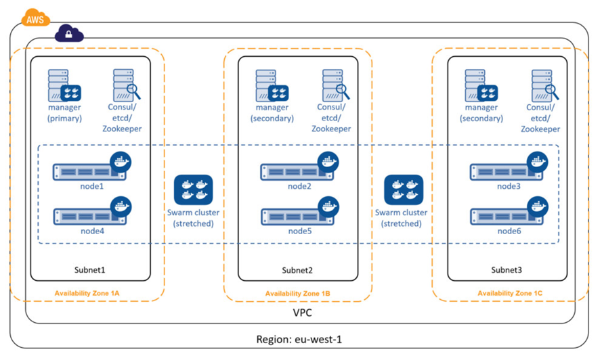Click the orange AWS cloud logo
click(35, 18)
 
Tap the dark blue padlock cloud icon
click(69, 34)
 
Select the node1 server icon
click(92, 166)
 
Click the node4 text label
click(92, 231)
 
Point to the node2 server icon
click(300, 166)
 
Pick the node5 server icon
click(300, 211)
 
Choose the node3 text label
click(509, 187)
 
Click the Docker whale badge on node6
click(538, 207)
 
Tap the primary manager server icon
click(64, 85)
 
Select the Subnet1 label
click(90, 270)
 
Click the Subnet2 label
click(297, 270)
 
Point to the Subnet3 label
click(507, 270)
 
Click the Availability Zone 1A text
click(87, 294)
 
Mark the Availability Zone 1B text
click(297, 294)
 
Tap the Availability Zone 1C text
click(510, 294)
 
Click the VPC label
click(303, 313)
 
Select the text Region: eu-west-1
click(299, 340)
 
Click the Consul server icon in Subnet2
click(336, 85)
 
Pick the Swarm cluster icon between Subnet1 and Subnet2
click(194, 190)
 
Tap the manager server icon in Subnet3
click(481, 85)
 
